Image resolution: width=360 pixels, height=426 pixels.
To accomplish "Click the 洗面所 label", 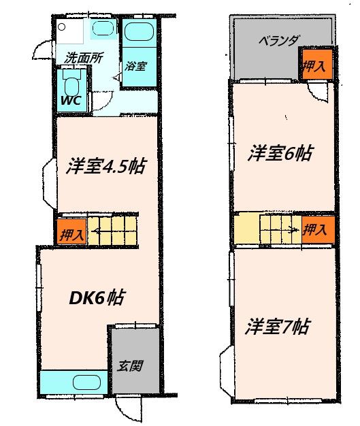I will (x=80, y=59).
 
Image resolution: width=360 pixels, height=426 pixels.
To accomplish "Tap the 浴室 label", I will (x=135, y=66).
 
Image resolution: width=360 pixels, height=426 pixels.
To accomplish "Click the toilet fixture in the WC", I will (x=71, y=85).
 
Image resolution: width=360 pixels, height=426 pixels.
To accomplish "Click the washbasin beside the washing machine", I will (x=103, y=29).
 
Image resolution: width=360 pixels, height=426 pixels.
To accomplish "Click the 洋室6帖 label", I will (x=280, y=154).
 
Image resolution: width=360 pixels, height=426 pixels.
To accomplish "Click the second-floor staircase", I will (x=267, y=228).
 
